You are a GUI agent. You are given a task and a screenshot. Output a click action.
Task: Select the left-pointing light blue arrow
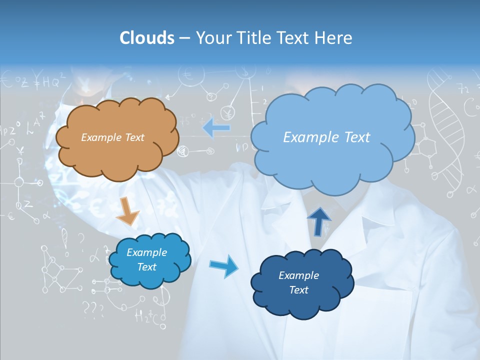click(x=216, y=128)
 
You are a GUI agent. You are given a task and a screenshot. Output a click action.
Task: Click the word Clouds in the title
click(x=146, y=38)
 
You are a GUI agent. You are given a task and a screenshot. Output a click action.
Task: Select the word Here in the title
click(x=335, y=38)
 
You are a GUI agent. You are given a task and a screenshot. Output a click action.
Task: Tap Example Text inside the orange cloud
click(x=112, y=137)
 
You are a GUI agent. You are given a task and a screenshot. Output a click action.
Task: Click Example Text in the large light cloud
click(x=326, y=137)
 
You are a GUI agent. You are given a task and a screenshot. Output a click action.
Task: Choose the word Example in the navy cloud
click(x=298, y=275)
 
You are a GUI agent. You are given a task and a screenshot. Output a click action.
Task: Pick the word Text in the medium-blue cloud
click(x=147, y=267)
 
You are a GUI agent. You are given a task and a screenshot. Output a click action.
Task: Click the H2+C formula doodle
click(x=149, y=316)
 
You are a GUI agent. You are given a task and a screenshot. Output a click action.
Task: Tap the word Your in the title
click(x=210, y=38)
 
